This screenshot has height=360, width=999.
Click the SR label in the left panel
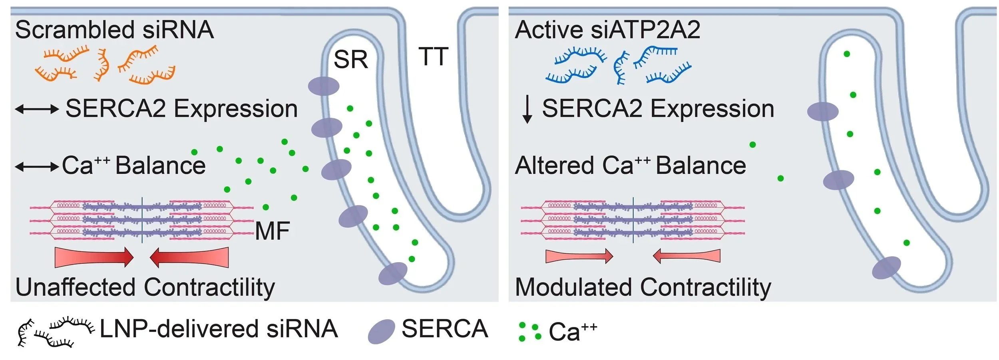(x=350, y=60)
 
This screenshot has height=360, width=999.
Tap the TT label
(x=434, y=57)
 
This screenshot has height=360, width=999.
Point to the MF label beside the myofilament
(x=272, y=231)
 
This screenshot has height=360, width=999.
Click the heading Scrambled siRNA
(x=114, y=30)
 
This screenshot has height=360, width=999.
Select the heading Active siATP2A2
(x=607, y=30)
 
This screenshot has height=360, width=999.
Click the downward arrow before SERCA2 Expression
(x=527, y=109)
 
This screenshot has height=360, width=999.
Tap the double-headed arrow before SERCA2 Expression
(x=37, y=109)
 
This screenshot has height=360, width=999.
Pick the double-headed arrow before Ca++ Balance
(x=37, y=166)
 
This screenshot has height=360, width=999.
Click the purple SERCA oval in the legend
(x=381, y=332)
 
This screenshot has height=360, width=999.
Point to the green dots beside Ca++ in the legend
(x=529, y=332)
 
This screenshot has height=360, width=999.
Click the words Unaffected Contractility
(x=145, y=288)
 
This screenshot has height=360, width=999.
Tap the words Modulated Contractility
(x=643, y=288)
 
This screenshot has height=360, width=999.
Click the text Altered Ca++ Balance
(x=630, y=165)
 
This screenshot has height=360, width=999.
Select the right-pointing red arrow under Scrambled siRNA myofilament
(x=94, y=257)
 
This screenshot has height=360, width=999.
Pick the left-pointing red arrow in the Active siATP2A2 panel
(x=687, y=256)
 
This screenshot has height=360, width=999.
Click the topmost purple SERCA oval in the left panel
(x=324, y=86)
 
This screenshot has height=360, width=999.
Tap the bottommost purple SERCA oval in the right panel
(x=886, y=268)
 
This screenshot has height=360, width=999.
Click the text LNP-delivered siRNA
(x=219, y=329)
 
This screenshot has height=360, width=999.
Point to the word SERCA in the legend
(x=445, y=329)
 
